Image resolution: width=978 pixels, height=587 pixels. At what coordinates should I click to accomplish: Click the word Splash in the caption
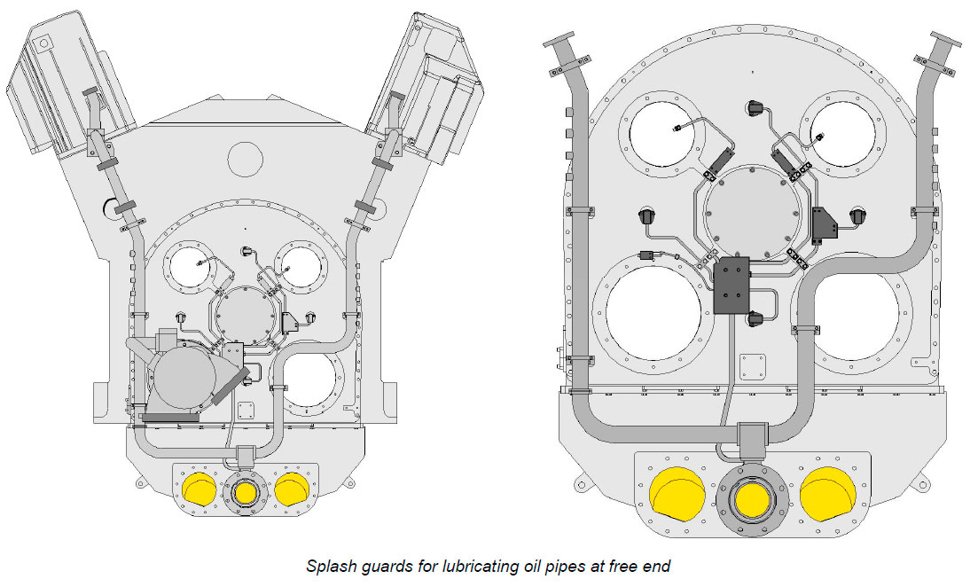328,565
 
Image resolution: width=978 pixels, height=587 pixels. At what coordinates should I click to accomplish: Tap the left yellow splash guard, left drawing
196,489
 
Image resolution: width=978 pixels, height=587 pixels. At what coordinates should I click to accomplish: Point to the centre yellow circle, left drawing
244,491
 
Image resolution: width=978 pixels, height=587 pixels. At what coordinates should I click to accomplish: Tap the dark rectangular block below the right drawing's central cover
732,286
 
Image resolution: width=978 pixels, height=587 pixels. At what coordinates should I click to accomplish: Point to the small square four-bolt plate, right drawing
752,365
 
